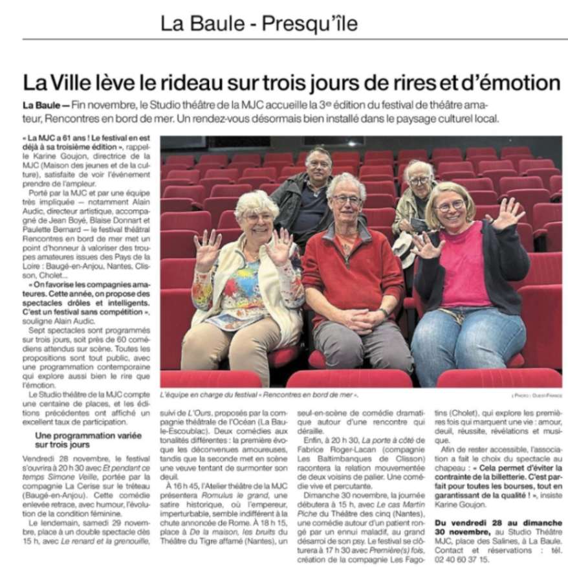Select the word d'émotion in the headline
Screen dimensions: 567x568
[512, 83]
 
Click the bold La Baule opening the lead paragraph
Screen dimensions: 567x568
[41, 105]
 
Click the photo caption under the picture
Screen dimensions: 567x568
[259, 394]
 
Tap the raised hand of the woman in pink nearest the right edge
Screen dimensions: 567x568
[507, 214]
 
